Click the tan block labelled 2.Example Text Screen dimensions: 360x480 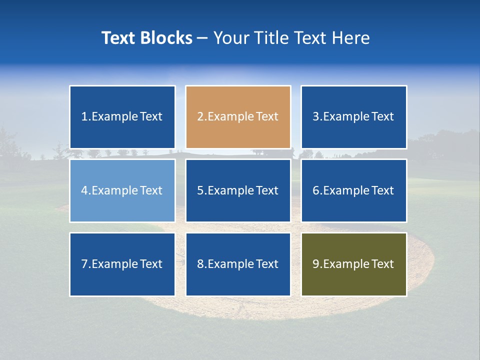coord(238,117)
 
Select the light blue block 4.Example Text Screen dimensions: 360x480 coord(122,190)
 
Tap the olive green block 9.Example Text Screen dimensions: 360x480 coord(353,264)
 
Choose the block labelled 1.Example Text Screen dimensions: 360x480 coord(122,117)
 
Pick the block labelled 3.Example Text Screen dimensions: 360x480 coord(353,117)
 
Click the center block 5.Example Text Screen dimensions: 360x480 coord(238,190)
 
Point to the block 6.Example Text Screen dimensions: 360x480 coord(353,190)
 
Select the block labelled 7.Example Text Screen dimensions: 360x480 coord(122,264)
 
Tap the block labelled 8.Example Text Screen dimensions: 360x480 coord(238,264)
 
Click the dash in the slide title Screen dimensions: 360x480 coord(202,38)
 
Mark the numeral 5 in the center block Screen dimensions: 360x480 coord(200,190)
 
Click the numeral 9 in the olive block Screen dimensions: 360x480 coord(315,264)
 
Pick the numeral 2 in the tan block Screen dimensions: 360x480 coord(200,117)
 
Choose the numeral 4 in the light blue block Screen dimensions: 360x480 coord(84,190)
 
